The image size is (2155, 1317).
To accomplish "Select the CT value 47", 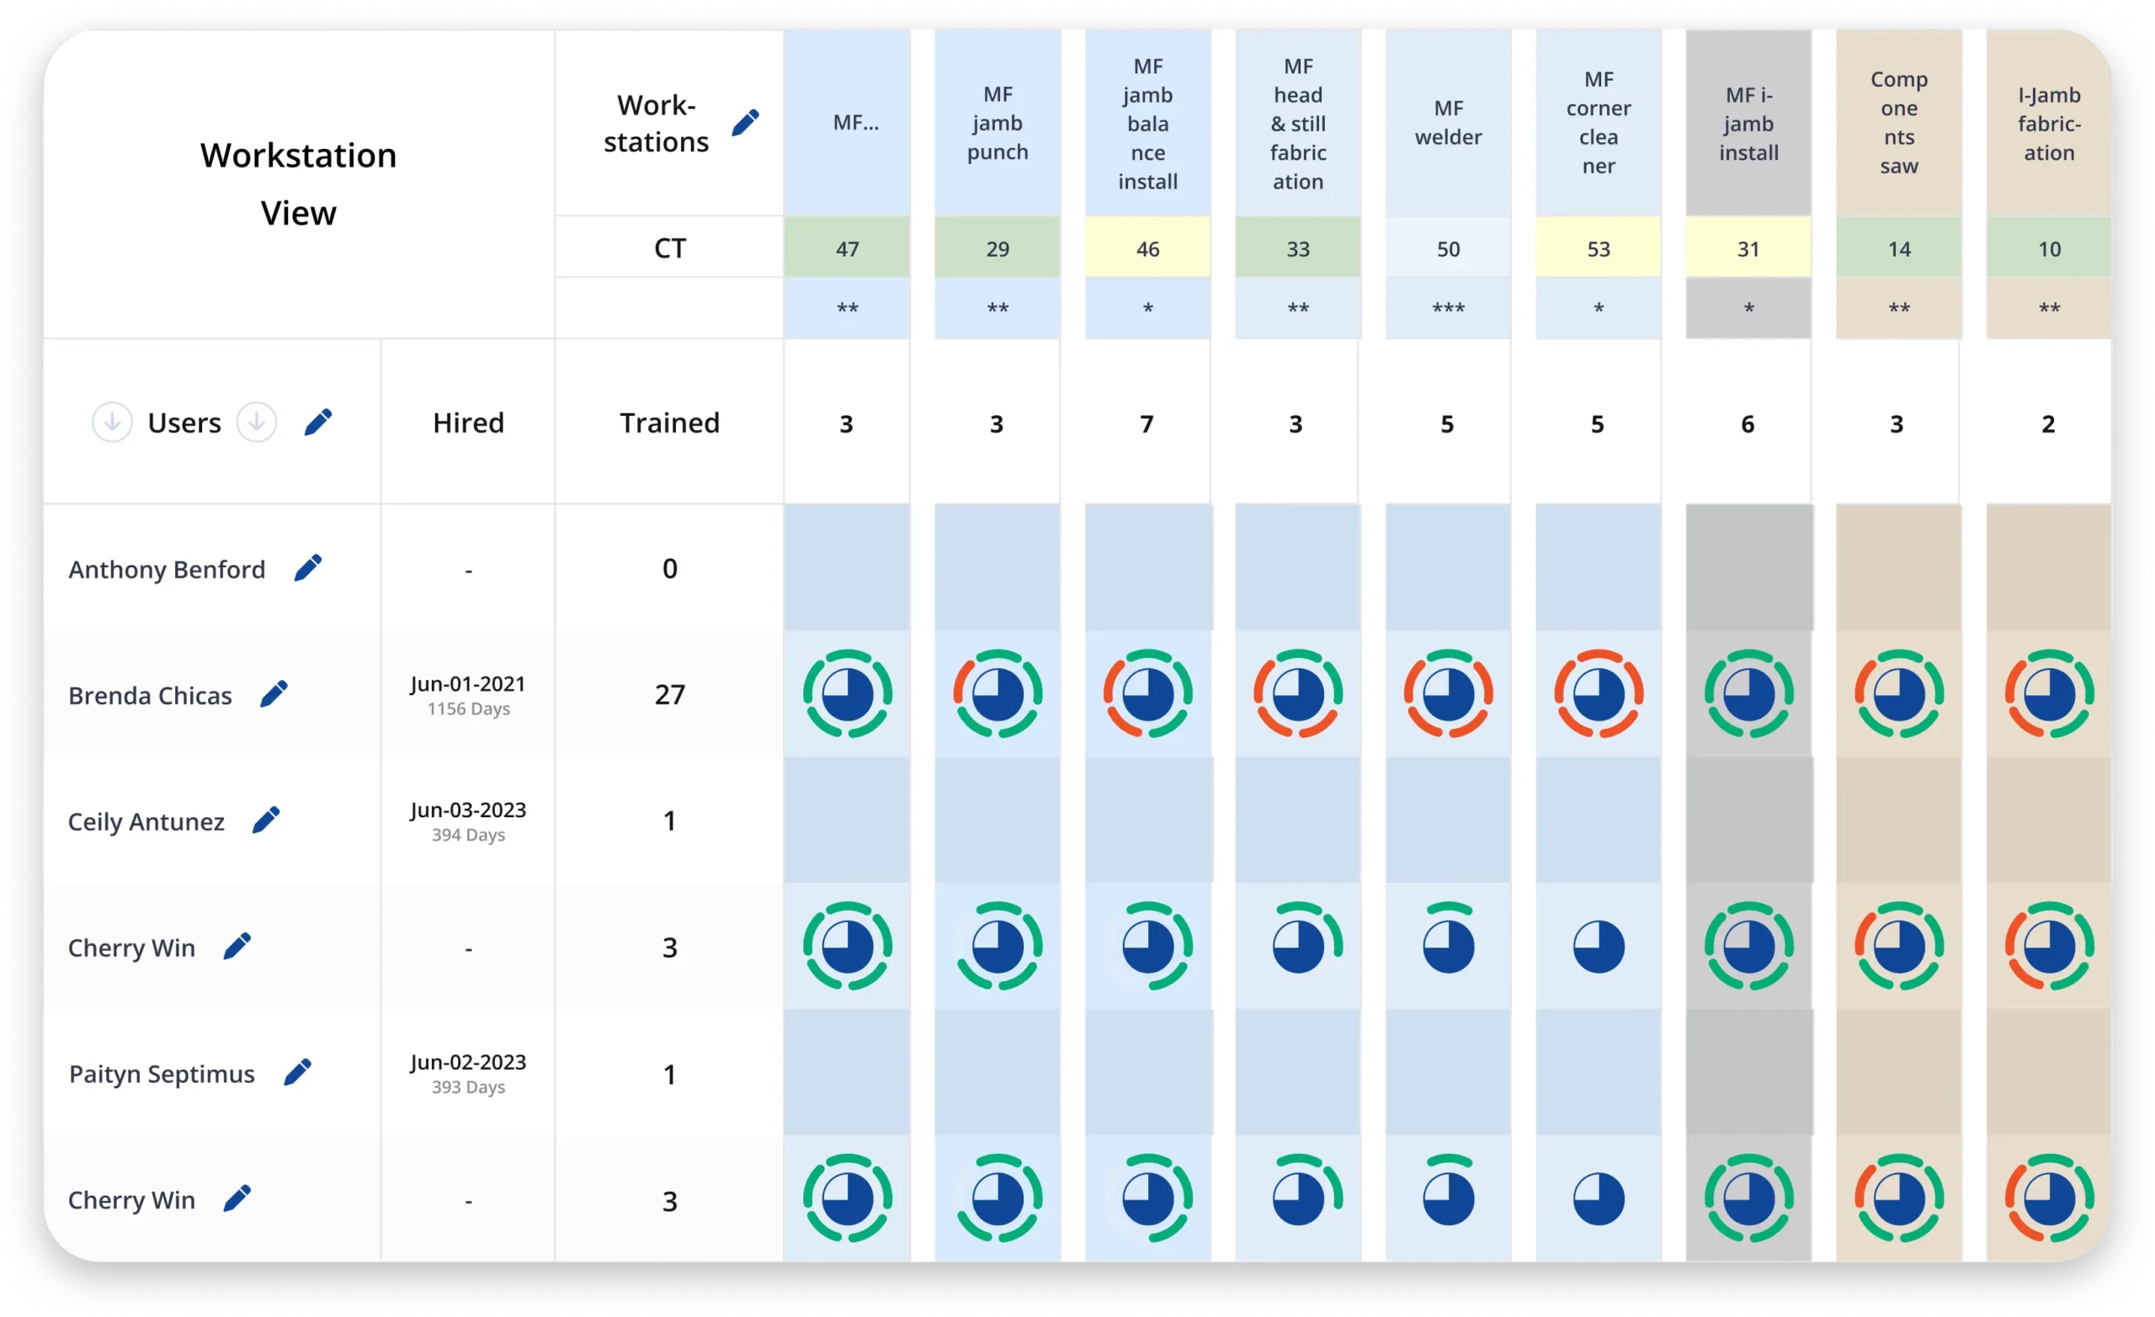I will click(x=847, y=249).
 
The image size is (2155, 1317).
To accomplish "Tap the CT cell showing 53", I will click(x=1598, y=249).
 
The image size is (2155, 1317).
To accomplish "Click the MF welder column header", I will click(x=1447, y=122).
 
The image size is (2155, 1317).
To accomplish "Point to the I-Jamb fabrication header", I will click(x=2048, y=124).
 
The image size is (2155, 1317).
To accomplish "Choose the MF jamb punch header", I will click(x=997, y=124).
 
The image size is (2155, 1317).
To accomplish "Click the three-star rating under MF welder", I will click(x=1447, y=309).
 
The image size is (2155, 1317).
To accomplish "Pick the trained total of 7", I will click(x=1147, y=424).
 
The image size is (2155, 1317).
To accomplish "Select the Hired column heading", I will click(x=468, y=423).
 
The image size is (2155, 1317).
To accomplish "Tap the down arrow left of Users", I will click(x=112, y=422).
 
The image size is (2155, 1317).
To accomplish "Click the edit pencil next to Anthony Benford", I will click(x=308, y=567).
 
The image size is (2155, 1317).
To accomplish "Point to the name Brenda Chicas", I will click(x=151, y=696).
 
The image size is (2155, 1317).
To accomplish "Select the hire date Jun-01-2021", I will click(x=468, y=684).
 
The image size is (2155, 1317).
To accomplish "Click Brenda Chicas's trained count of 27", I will click(x=669, y=695).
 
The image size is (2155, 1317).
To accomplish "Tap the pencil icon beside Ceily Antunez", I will click(x=266, y=820).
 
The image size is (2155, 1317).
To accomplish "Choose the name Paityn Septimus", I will click(x=162, y=1074).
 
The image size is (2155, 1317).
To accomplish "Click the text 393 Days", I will click(x=468, y=1087).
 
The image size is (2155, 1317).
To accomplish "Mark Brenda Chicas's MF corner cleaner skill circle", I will click(x=1598, y=694).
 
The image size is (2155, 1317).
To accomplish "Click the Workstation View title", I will click(x=298, y=183).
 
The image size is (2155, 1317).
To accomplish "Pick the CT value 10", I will click(x=2048, y=249).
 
